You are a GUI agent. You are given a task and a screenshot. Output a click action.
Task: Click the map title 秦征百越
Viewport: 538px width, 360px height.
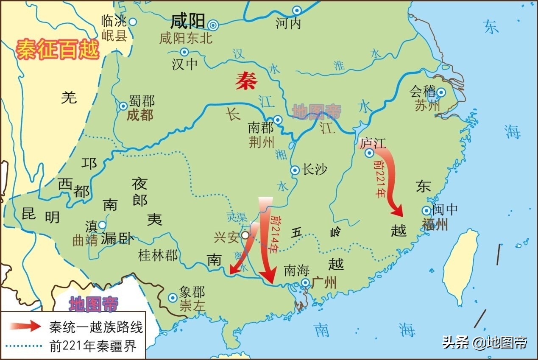pos(57,50)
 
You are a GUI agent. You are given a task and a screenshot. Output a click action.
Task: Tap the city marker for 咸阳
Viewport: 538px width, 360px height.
pos(213,25)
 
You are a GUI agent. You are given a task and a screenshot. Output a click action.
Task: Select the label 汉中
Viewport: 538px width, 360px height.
pos(184,64)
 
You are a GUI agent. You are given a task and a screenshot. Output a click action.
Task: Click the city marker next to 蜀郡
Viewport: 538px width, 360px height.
pos(123,106)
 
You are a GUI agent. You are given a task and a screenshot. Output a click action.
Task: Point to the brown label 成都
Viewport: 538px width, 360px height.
pos(140,115)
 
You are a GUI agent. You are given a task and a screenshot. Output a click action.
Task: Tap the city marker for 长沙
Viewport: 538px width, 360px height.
pos(295,170)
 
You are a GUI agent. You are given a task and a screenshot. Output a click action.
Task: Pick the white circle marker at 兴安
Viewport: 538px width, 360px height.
pos(245,235)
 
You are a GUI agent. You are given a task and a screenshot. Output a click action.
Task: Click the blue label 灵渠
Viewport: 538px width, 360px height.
pos(237,217)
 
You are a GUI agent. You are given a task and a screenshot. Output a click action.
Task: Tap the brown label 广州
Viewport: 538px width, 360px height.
pos(324,282)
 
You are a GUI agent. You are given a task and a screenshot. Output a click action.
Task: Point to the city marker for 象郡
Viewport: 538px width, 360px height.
pos(173,298)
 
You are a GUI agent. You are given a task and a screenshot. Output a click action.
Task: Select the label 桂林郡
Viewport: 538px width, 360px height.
pos(158,255)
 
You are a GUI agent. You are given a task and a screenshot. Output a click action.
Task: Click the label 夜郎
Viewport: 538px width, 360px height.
pos(139,192)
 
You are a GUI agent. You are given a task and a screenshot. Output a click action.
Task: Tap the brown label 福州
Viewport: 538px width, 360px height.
pos(435,224)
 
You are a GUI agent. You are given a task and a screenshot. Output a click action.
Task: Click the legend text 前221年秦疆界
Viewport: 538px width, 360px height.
pos(93,346)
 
